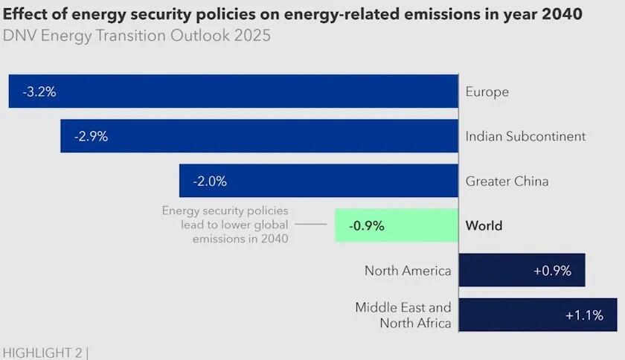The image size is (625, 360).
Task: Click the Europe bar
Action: click(x=233, y=91)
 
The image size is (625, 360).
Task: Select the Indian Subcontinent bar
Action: click(x=259, y=136)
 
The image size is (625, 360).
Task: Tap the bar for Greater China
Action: click(x=318, y=181)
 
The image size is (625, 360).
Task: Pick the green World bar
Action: click(x=397, y=225)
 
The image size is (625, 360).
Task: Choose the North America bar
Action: click(x=522, y=270)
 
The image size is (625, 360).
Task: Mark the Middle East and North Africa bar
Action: click(x=538, y=315)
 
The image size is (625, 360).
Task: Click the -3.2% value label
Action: click(x=39, y=92)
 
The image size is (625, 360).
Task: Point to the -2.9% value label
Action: click(x=91, y=137)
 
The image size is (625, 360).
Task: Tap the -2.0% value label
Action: click(x=210, y=181)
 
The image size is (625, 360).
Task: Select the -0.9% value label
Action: click(x=368, y=226)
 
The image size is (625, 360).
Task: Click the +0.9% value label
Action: click(x=552, y=271)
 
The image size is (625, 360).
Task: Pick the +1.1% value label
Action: click(x=584, y=315)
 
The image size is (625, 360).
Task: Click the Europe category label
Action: click(x=487, y=92)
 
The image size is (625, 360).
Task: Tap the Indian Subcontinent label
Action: click(x=525, y=137)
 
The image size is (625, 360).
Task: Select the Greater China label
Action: click(x=507, y=181)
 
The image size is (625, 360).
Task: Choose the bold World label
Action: click(x=484, y=226)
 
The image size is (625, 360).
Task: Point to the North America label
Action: click(x=408, y=271)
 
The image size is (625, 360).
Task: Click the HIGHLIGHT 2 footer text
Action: click(x=45, y=352)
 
